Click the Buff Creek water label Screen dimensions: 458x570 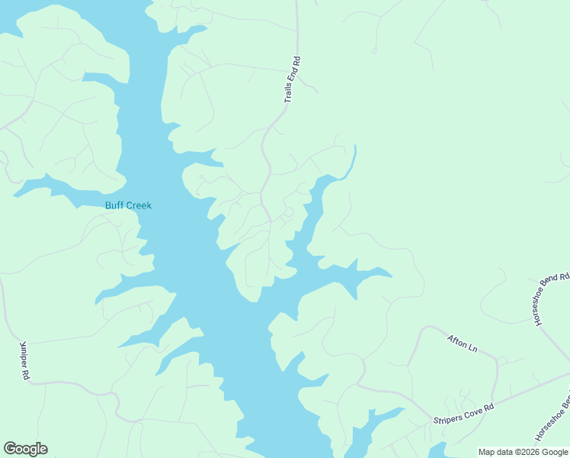pos(128,205)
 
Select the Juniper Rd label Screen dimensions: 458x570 pos(24,360)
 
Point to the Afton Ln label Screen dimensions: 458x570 pos(462,343)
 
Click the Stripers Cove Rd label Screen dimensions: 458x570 pos(463,414)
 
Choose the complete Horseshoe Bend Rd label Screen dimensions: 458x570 pos(552,298)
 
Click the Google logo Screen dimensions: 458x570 pos(25,449)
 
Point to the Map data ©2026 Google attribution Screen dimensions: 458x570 pos(524,452)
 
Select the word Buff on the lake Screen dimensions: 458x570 pos(114,205)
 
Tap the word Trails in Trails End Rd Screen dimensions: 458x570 pos(288,94)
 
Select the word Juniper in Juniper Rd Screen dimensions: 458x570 pos(23,356)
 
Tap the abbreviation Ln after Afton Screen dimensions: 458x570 pos(472,349)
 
